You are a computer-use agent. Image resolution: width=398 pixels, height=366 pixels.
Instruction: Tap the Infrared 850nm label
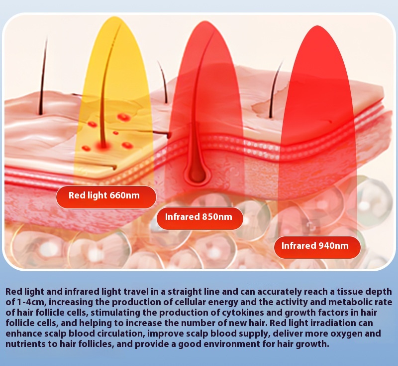tap(199, 218)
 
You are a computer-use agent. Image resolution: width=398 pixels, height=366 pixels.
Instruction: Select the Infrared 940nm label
tap(317, 247)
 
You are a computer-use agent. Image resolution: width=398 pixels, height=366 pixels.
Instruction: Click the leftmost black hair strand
tap(43, 76)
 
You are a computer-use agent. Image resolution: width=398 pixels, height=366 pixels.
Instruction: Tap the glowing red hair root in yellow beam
tap(103, 145)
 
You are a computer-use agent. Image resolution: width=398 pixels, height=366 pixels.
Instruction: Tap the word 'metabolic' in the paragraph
tap(355, 302)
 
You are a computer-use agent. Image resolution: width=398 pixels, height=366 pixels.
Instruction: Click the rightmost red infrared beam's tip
tap(317, 26)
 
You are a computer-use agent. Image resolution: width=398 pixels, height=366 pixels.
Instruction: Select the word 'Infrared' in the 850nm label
tap(182, 217)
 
